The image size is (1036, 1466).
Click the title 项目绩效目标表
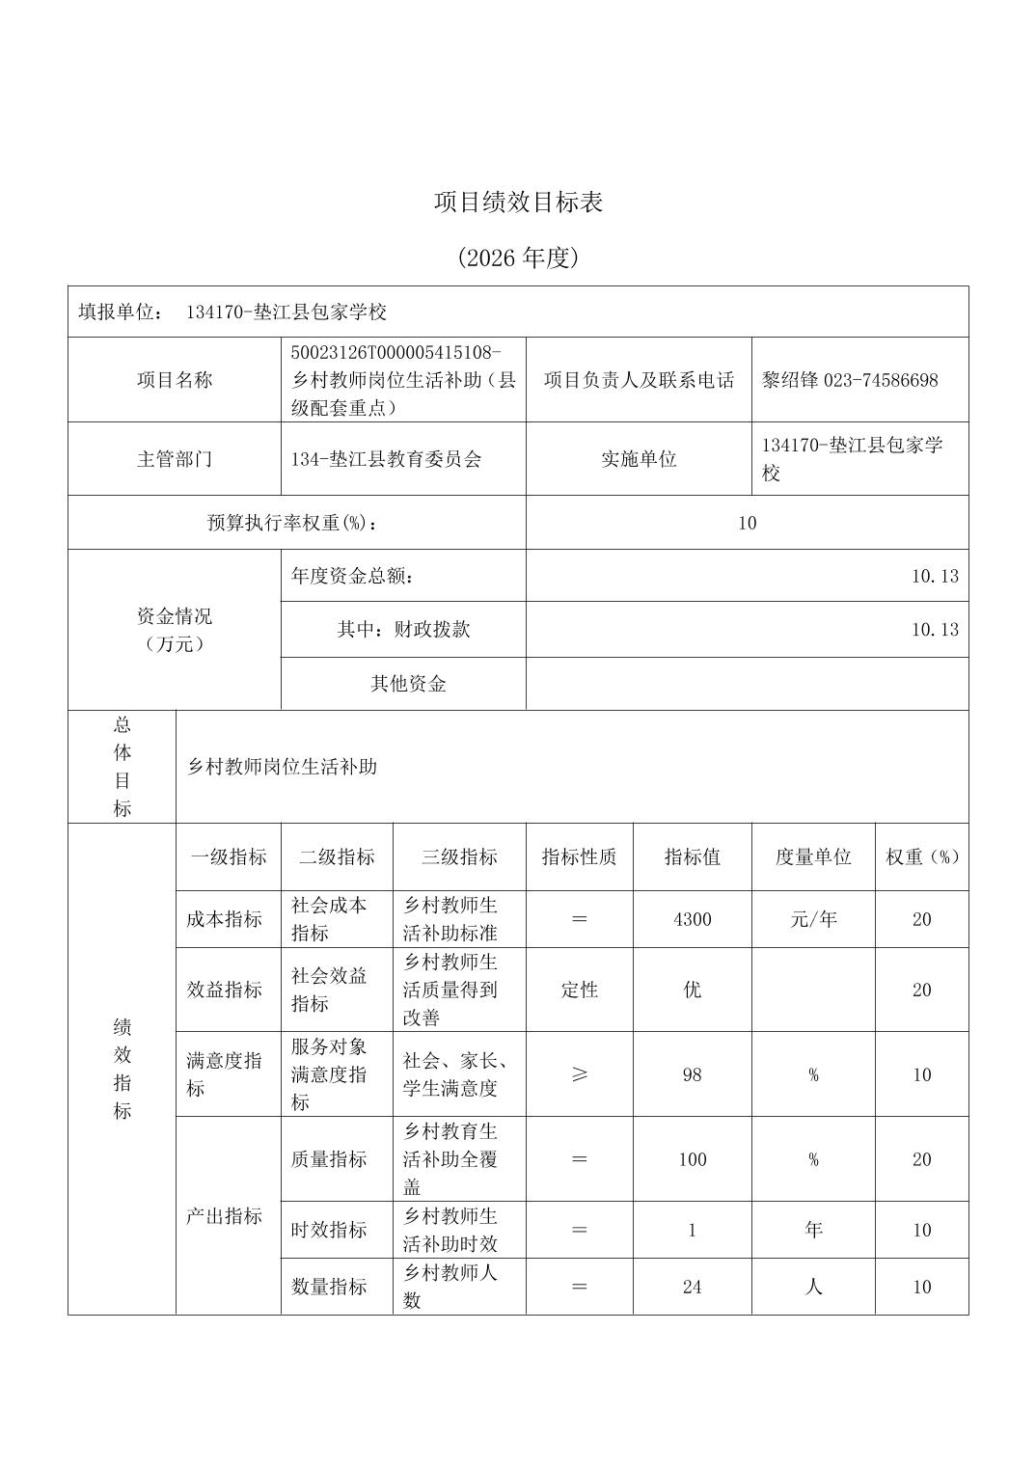[x=518, y=203]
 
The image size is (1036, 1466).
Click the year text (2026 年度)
[x=518, y=258]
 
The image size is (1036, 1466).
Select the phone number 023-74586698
[x=881, y=380]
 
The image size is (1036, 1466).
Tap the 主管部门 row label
[x=174, y=459]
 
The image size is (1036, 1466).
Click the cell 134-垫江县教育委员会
[x=386, y=459]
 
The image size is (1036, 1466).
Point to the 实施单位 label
[x=639, y=459]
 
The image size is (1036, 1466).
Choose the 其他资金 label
[x=408, y=684]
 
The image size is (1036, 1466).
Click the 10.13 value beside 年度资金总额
[x=935, y=577]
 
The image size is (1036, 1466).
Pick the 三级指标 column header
[x=459, y=857]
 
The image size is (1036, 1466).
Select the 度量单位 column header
[x=813, y=857]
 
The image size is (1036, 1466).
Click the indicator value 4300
[x=692, y=919]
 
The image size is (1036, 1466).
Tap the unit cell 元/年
[x=813, y=919]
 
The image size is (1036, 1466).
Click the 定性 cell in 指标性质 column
[x=579, y=990]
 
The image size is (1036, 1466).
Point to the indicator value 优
[x=692, y=990]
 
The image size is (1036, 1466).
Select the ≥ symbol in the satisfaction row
[x=579, y=1074]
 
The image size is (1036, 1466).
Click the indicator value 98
[x=692, y=1074]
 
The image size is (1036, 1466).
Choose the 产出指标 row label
[x=224, y=1216]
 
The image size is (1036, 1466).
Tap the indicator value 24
[x=692, y=1287]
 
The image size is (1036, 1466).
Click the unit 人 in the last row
[x=813, y=1287]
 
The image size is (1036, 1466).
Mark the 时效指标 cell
[x=329, y=1230]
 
